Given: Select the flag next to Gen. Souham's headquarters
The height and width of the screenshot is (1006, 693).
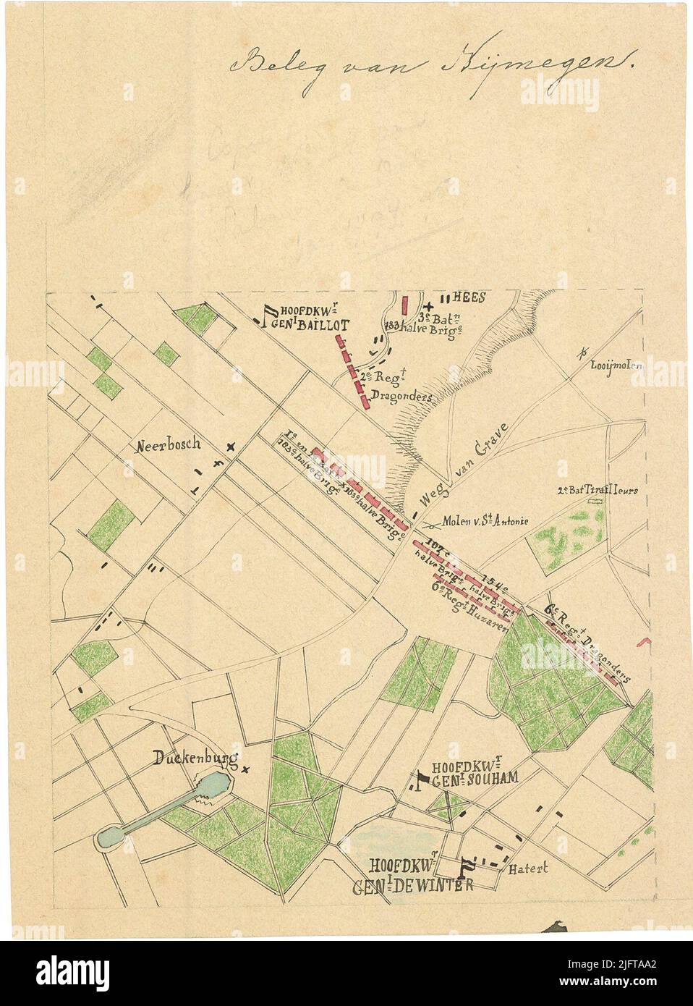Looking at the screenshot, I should coord(421,779).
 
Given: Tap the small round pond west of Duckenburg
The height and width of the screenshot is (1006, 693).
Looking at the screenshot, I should coord(110,836).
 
